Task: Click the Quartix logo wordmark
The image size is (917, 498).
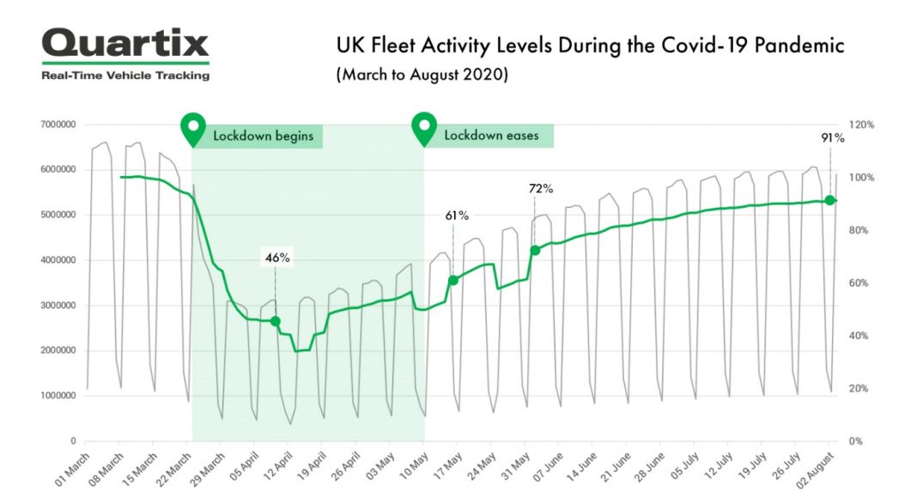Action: click(124, 44)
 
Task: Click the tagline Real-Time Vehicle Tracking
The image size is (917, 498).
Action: click(125, 76)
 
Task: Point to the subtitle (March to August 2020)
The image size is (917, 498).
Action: click(422, 75)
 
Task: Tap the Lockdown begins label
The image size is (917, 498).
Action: click(263, 136)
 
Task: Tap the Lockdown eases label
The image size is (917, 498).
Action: click(492, 136)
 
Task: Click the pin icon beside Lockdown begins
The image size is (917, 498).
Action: click(192, 129)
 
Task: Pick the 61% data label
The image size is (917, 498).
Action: click(456, 216)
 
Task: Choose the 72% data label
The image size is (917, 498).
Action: click(541, 188)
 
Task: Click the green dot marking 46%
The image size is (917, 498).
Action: click(276, 321)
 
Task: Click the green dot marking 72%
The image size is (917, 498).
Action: click(535, 250)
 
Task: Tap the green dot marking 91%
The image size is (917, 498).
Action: click(829, 200)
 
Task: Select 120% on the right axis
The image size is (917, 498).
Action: click(861, 125)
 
